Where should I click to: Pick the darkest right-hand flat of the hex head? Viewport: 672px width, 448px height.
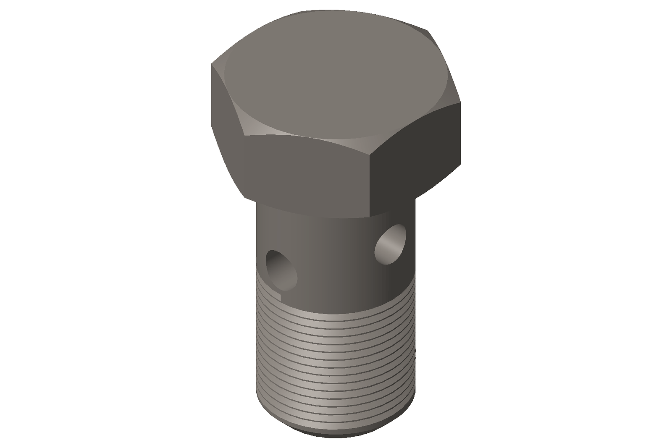[416, 155]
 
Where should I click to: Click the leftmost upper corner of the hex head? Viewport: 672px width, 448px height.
[210, 64]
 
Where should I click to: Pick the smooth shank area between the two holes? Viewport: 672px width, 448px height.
[336, 260]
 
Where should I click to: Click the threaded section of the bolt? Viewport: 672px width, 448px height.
[336, 361]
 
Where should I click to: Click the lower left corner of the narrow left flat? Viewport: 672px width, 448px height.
[244, 197]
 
